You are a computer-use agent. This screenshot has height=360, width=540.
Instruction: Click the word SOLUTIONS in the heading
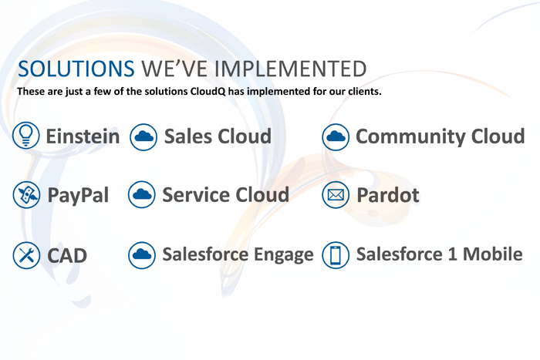tap(76, 69)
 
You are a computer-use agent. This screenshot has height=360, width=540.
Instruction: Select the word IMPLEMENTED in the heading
tap(291, 69)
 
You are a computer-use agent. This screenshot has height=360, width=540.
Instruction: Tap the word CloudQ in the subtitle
tap(208, 92)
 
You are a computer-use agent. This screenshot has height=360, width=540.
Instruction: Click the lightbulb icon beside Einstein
tap(25, 135)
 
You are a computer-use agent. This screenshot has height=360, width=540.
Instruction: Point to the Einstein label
tap(83, 136)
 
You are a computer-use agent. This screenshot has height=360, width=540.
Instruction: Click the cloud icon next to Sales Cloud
tap(143, 137)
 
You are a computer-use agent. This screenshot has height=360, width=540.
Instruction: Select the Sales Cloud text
tap(218, 136)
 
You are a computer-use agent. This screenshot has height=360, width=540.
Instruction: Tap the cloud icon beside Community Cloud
tap(336, 137)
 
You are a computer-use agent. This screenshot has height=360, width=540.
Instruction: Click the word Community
tap(410, 137)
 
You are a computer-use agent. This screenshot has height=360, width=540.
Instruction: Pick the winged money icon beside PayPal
tap(26, 195)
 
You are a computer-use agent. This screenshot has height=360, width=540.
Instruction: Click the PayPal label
tap(78, 196)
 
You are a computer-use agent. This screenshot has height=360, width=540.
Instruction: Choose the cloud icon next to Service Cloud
tap(141, 194)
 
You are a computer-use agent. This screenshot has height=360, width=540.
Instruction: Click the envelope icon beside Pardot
tap(336, 195)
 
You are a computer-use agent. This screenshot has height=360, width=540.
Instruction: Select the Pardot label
tap(388, 195)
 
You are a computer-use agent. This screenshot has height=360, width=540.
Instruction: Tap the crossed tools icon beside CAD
tap(26, 255)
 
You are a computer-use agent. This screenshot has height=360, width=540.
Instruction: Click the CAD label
tap(67, 256)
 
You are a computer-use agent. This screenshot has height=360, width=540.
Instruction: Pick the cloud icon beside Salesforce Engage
tap(142, 255)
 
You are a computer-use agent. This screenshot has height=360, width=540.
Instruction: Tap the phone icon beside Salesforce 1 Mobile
tap(336, 255)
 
